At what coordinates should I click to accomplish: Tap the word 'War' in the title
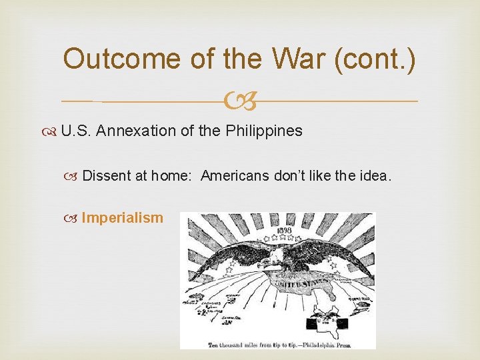click(295, 59)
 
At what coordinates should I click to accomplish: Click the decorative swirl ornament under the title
click(239, 101)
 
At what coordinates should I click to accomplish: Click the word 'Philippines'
click(264, 131)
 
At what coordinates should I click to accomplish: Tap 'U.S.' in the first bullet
click(75, 131)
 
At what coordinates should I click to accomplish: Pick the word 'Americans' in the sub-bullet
click(232, 176)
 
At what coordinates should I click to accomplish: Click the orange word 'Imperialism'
click(122, 217)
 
